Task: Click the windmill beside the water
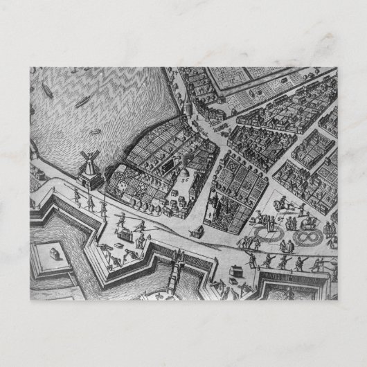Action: pos(88,168)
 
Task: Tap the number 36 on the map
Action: pos(184,177)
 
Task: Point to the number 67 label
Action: pos(281,220)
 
